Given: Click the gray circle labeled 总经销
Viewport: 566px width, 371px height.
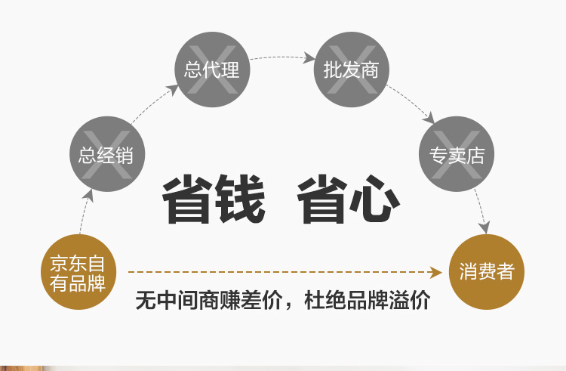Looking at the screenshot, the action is click(107, 154).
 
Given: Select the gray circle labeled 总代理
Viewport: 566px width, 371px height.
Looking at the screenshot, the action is click(212, 70).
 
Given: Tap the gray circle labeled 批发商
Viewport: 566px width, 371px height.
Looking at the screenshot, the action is click(352, 70).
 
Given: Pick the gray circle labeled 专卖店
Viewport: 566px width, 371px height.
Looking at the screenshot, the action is click(457, 154).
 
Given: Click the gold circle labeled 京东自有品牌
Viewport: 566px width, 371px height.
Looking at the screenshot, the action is click(78, 272).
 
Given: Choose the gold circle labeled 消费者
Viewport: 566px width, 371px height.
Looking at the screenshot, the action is click(487, 272).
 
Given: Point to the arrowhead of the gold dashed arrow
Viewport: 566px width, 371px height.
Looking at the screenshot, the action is click(436, 272).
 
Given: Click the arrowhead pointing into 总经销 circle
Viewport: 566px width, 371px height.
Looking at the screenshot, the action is click(88, 196).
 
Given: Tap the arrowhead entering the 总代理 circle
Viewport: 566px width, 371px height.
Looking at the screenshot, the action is click(173, 90).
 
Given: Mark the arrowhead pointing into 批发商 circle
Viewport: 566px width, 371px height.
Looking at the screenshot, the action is click(309, 57).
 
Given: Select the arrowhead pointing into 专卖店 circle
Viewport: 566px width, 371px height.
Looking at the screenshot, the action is click(429, 119).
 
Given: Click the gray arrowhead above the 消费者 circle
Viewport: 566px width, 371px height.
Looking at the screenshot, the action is click(484, 227).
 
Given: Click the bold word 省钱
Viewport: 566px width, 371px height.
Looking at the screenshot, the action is click(214, 199).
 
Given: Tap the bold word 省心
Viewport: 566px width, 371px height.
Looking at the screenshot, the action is click(349, 199).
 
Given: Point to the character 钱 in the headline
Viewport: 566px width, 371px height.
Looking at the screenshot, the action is click(240, 199).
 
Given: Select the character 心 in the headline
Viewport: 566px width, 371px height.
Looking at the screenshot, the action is click(374, 199).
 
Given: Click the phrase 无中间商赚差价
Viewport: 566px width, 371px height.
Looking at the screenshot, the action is click(208, 300).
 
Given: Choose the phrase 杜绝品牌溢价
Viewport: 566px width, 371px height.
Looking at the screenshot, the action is click(367, 300).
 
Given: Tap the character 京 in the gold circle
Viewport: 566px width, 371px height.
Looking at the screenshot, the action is click(59, 263).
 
